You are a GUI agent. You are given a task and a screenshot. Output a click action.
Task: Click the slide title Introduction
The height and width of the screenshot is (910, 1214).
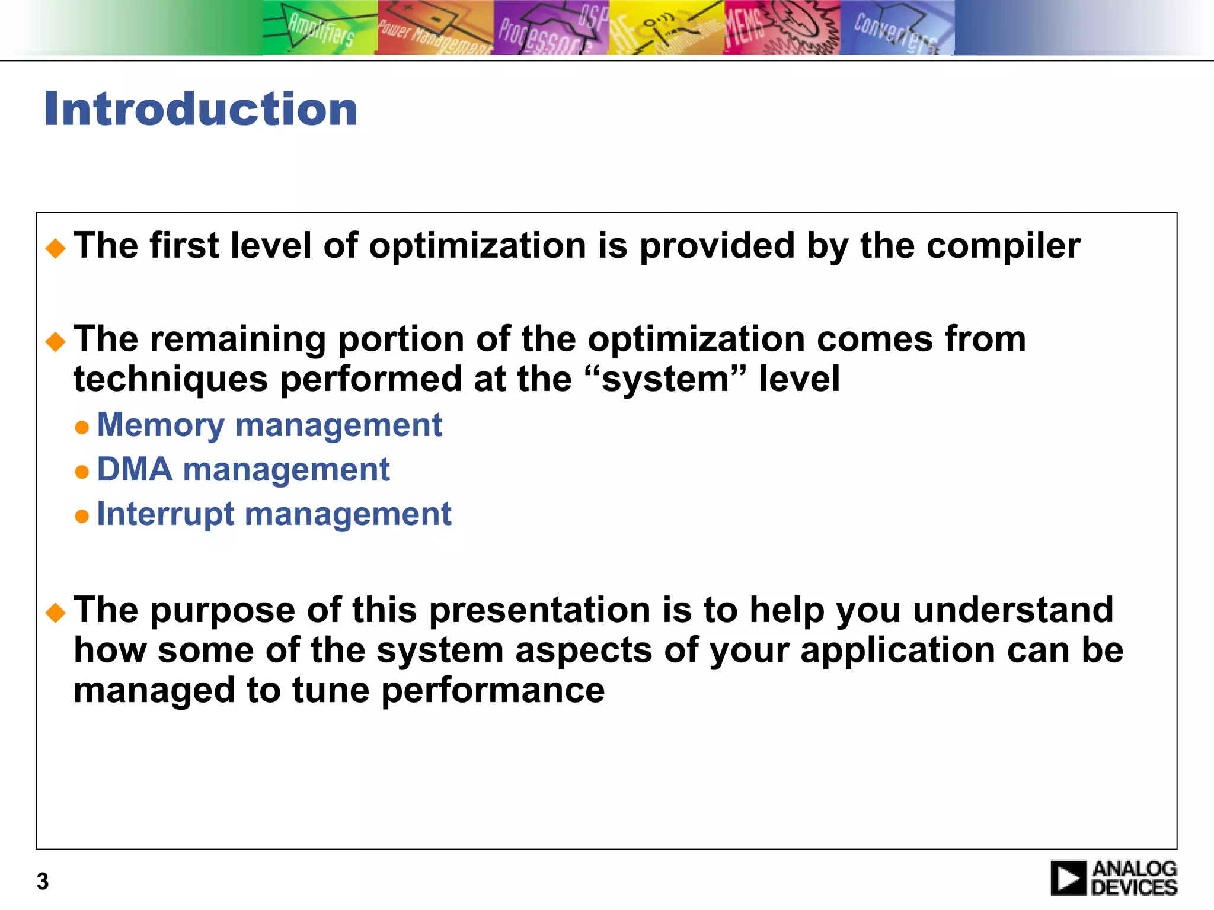click(x=201, y=109)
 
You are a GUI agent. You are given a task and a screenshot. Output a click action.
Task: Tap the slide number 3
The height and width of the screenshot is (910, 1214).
click(x=42, y=882)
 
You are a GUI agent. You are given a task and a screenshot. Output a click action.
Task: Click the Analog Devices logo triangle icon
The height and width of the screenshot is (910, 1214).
click(x=1069, y=878)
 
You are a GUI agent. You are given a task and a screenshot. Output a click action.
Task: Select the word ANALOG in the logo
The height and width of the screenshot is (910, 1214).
click(x=1135, y=869)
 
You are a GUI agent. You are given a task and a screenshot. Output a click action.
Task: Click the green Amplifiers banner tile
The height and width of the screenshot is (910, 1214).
click(x=320, y=27)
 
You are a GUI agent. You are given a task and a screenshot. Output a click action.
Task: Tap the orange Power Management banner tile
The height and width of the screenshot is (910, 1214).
click(x=435, y=27)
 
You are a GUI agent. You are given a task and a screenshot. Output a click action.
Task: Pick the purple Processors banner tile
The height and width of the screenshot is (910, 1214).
click(x=551, y=27)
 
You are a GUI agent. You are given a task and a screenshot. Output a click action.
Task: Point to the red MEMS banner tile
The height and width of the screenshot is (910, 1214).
click(x=781, y=27)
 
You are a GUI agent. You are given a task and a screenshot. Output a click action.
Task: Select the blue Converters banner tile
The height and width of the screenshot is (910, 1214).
click(x=896, y=27)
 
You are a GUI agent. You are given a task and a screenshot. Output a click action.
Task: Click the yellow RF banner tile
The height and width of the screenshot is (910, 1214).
click(x=666, y=27)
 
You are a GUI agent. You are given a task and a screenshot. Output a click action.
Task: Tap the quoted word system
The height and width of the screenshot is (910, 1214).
click(x=664, y=380)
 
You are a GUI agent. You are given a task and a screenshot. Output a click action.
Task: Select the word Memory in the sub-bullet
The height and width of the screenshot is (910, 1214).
click(x=161, y=425)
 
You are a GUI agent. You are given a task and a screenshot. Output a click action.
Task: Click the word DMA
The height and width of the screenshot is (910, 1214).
click(x=135, y=470)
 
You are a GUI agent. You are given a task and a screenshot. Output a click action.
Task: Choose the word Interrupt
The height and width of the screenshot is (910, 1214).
click(x=165, y=514)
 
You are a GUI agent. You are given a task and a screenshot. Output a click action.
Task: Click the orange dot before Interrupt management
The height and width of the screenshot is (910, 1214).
click(x=82, y=517)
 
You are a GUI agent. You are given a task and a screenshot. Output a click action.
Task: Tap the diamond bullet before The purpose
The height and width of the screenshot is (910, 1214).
click(x=56, y=613)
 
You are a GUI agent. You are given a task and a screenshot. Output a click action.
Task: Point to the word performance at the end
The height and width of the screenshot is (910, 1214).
click(x=493, y=691)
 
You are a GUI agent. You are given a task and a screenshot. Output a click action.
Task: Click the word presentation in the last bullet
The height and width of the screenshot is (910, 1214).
click(x=539, y=610)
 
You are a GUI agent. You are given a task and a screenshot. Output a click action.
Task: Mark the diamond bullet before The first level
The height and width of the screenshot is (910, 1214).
click(x=56, y=248)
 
